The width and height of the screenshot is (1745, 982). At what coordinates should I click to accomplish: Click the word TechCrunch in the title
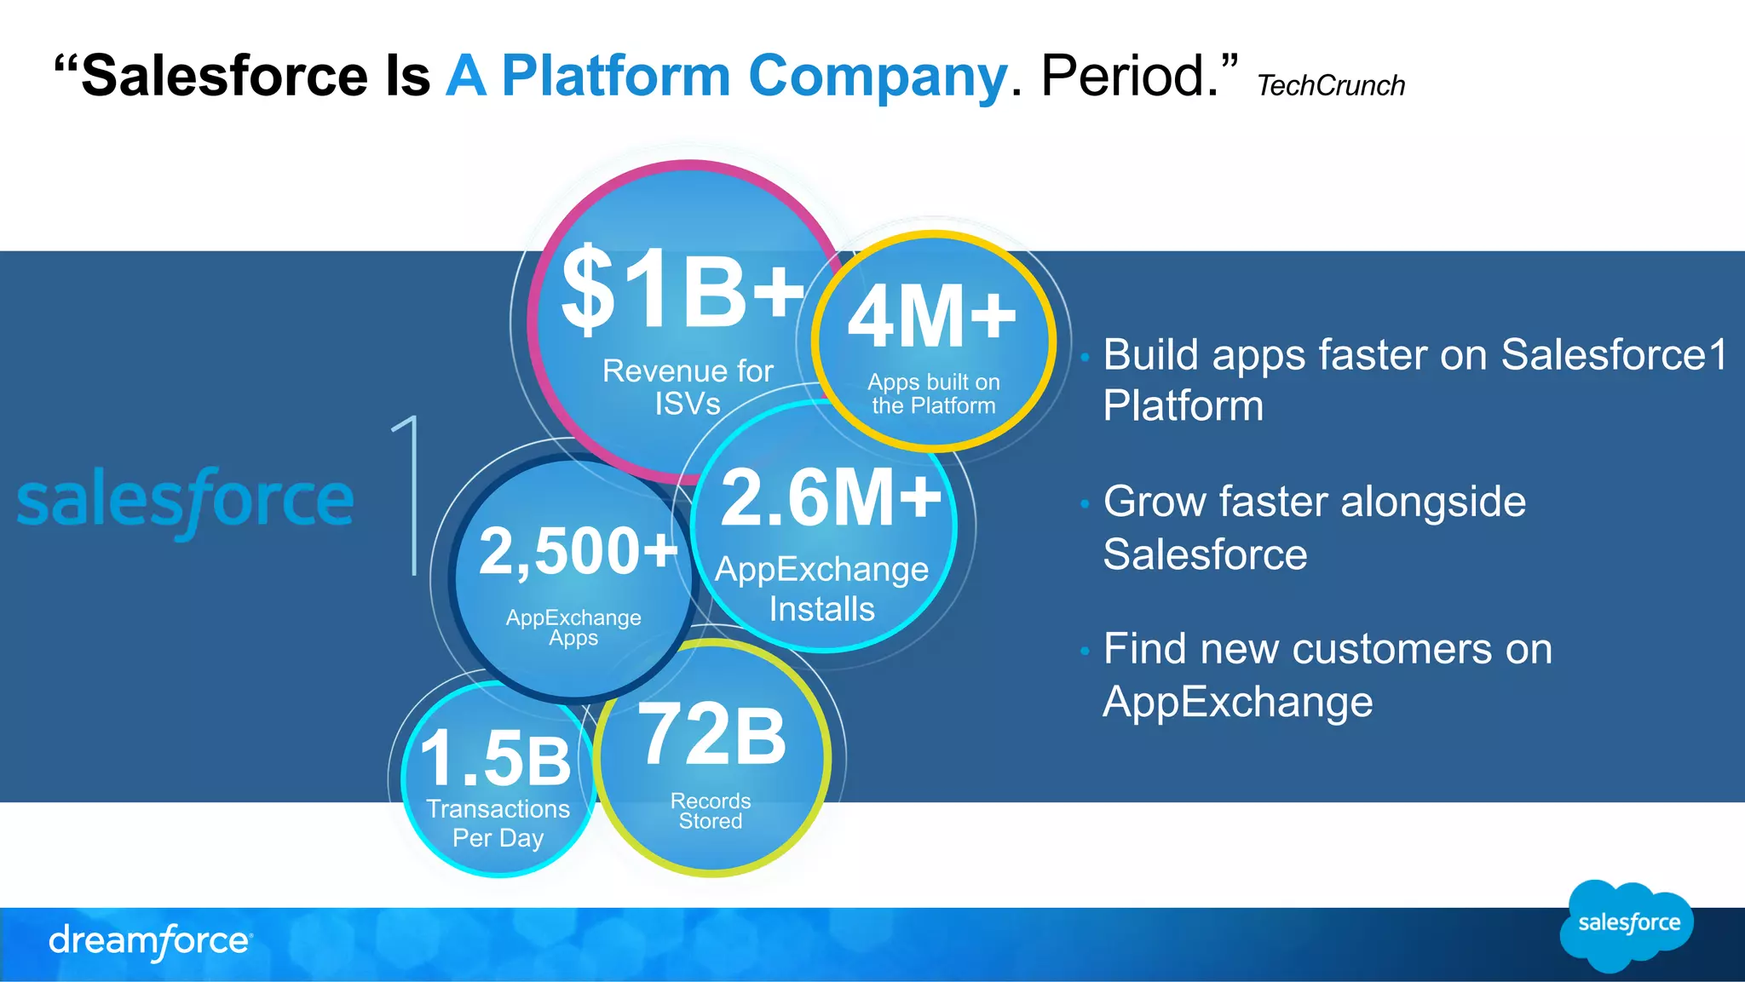pyautogui.click(x=1330, y=86)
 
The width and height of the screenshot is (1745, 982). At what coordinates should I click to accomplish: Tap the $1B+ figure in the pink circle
pyautogui.click(x=682, y=290)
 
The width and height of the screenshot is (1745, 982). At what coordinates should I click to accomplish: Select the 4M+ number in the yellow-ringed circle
pyautogui.click(x=931, y=318)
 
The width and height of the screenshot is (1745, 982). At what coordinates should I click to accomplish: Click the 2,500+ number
pyautogui.click(x=578, y=551)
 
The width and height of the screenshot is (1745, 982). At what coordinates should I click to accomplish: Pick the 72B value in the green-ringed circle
pyautogui.click(x=711, y=734)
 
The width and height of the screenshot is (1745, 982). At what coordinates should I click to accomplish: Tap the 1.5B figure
pyautogui.click(x=496, y=758)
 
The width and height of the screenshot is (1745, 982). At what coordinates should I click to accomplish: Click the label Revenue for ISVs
pyautogui.click(x=688, y=387)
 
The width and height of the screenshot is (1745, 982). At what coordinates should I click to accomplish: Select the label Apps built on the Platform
pyautogui.click(x=934, y=393)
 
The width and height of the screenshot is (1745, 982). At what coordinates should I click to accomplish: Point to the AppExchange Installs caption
pyautogui.click(x=821, y=589)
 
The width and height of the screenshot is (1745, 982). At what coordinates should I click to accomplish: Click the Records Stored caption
pyautogui.click(x=711, y=811)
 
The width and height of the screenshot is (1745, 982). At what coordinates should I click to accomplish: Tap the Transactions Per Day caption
pyautogui.click(x=498, y=823)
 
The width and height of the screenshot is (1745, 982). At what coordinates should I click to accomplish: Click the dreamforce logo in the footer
pyautogui.click(x=150, y=941)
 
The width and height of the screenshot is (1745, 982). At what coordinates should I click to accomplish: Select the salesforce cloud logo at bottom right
pyautogui.click(x=1627, y=924)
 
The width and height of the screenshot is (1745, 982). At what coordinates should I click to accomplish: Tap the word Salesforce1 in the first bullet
pyautogui.click(x=1614, y=354)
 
